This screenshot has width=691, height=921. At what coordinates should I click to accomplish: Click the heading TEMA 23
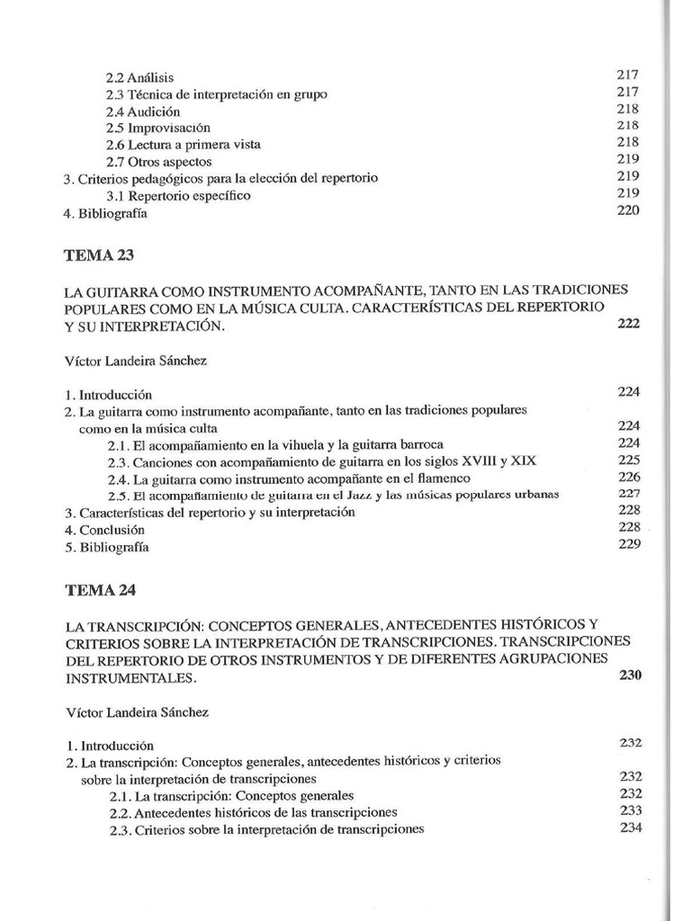99,255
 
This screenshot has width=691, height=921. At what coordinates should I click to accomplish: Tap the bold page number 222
628,324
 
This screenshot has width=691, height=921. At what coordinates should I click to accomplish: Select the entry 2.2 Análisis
139,78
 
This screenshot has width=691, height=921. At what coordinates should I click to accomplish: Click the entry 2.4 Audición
143,112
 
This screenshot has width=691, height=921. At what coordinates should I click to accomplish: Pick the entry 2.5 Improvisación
157,128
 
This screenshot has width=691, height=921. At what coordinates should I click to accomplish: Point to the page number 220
628,210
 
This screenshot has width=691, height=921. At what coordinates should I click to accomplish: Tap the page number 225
629,460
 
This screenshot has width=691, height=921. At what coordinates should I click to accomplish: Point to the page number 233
630,809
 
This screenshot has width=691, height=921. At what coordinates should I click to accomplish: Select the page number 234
630,827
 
